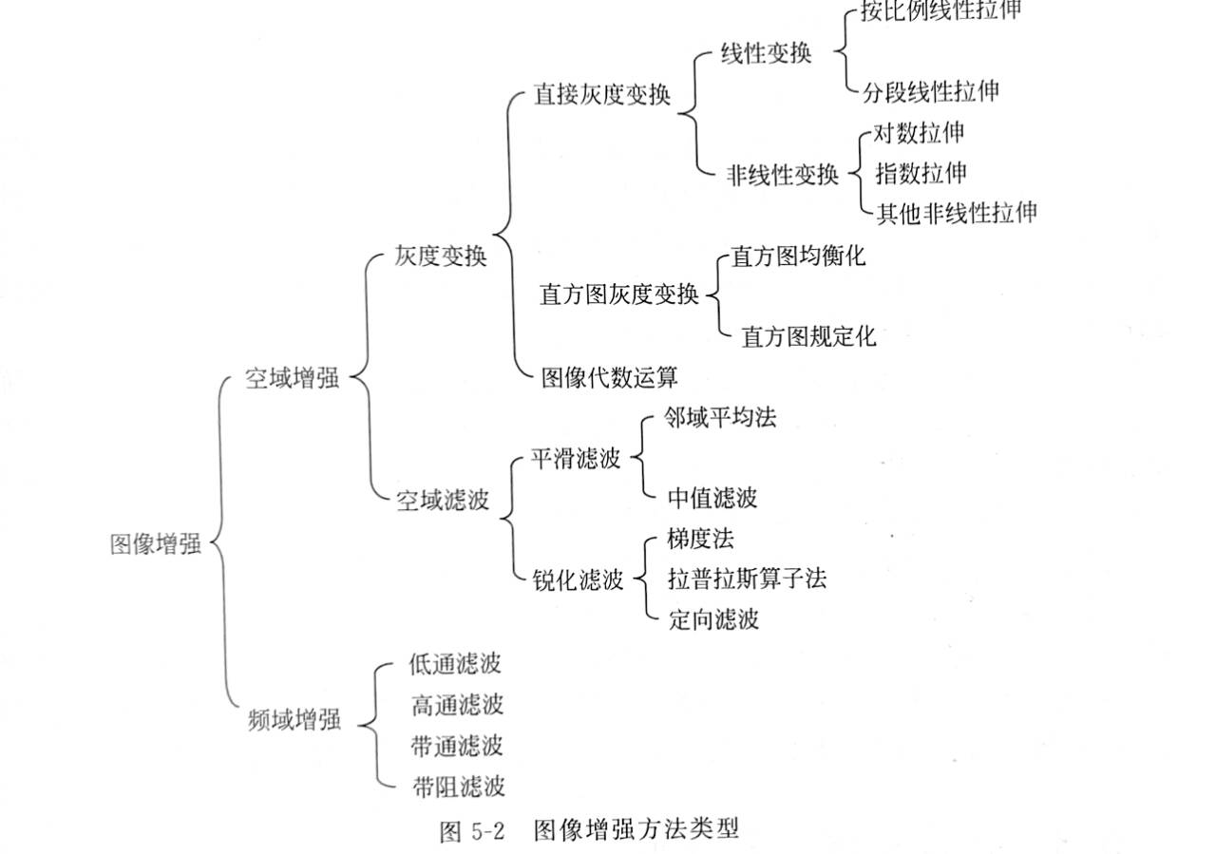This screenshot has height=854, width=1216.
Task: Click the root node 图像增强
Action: click(x=156, y=544)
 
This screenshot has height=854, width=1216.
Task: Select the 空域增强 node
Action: click(x=292, y=378)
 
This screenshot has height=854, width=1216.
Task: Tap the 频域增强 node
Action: click(x=293, y=721)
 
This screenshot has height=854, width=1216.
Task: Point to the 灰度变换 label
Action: click(x=441, y=256)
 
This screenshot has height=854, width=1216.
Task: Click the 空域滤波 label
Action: click(x=442, y=500)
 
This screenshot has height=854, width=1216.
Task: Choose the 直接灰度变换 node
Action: click(x=602, y=97)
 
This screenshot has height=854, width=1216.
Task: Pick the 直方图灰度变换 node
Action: click(x=618, y=295)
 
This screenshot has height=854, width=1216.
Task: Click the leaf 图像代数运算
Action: click(x=609, y=377)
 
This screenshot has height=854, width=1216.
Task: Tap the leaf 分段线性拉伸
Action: click(x=931, y=91)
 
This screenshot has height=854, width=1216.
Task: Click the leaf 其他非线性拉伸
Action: click(x=956, y=212)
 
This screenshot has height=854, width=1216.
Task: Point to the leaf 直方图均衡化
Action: click(x=798, y=256)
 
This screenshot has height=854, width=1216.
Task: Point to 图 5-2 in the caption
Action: click(x=471, y=833)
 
